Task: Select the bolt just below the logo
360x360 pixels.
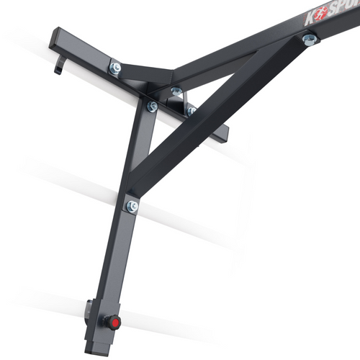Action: [x=310, y=40]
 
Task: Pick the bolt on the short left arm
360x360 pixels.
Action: [x=114, y=68]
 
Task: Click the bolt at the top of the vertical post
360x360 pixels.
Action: [x=152, y=106]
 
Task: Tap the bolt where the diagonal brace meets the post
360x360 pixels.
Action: [x=132, y=207]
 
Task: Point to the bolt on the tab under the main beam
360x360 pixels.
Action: [x=176, y=91]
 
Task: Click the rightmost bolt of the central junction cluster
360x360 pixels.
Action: [x=192, y=110]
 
